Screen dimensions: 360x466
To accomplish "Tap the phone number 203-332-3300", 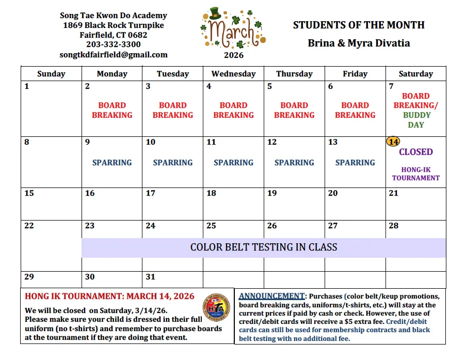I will point(114,44).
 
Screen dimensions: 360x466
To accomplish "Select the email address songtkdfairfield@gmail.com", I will point(114,54).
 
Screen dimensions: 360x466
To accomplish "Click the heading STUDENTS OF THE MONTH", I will point(359,25).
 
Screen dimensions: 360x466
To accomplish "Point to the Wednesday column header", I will point(233,74).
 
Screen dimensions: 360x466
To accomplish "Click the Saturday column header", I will point(415,74).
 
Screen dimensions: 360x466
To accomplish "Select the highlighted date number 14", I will point(393,142).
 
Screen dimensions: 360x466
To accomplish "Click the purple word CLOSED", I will point(415,152).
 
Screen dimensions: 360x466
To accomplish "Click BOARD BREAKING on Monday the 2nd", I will point(112,110).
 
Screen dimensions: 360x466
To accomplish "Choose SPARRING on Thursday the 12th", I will point(294,162).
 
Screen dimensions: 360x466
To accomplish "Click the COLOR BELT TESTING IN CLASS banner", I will point(264,247).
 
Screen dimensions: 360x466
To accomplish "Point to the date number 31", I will point(150,277).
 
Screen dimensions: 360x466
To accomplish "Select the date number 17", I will point(150,193).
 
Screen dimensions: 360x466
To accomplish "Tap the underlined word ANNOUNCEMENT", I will point(271,296).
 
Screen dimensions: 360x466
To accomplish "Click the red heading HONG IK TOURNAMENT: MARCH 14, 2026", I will point(109,296).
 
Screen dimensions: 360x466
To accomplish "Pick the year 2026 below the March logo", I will point(233,55).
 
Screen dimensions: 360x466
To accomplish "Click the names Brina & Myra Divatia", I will point(359,43).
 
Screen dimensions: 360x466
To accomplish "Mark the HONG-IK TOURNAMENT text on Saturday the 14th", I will point(415,174).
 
